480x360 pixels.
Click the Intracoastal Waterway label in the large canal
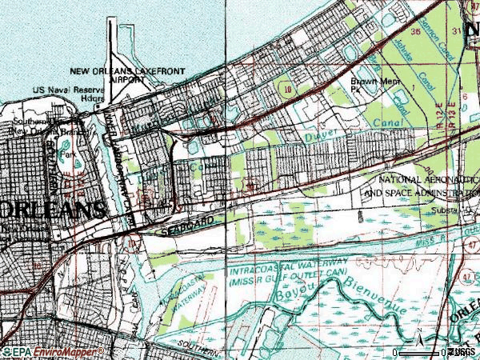click(x=288, y=273)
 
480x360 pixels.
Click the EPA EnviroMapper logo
click(x=52, y=352)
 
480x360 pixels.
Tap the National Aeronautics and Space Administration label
click(x=422, y=187)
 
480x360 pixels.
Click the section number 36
click(x=415, y=31)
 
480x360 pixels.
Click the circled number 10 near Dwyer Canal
click(x=287, y=90)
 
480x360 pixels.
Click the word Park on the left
click(x=69, y=154)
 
